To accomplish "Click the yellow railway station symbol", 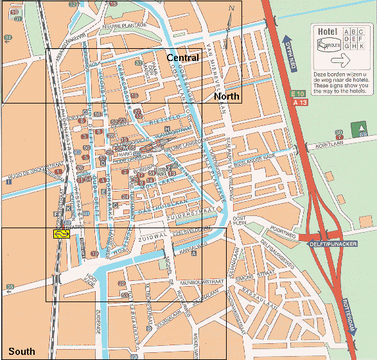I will [x=62, y=234].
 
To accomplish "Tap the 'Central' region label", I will [x=182, y=58].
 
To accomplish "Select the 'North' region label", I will [x=226, y=96].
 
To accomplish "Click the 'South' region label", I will [x=22, y=352].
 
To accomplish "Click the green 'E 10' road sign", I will [x=299, y=94].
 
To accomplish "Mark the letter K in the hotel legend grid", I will [x=362, y=46].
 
